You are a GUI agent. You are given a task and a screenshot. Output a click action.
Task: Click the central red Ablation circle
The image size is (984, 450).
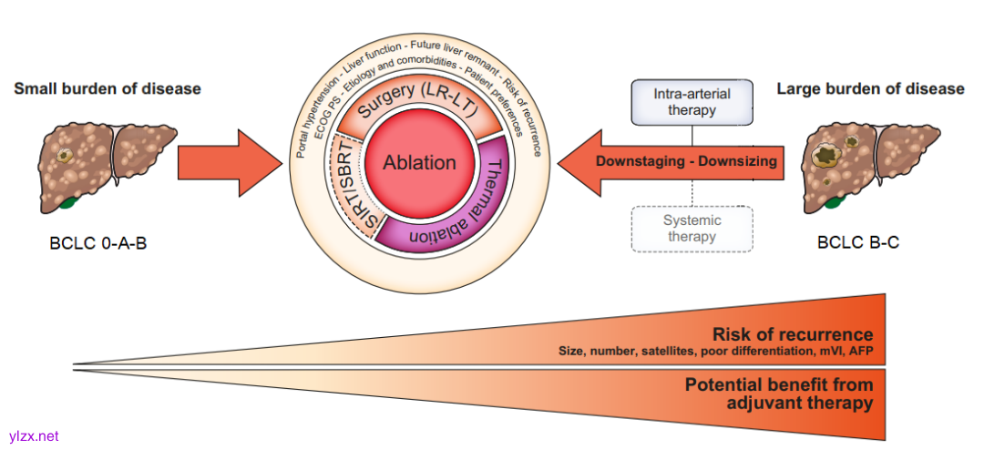click(x=419, y=163)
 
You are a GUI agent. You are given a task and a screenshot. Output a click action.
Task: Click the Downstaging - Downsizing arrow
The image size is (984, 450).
click(x=674, y=162)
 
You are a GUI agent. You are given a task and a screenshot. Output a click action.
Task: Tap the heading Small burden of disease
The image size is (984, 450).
click(x=107, y=88)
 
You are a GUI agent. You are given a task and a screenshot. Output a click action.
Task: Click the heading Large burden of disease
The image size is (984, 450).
click(x=870, y=88)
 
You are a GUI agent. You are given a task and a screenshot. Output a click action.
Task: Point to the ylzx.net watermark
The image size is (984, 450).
click(x=33, y=436)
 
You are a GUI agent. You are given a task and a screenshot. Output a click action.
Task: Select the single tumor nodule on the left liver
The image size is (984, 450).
click(x=65, y=157)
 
